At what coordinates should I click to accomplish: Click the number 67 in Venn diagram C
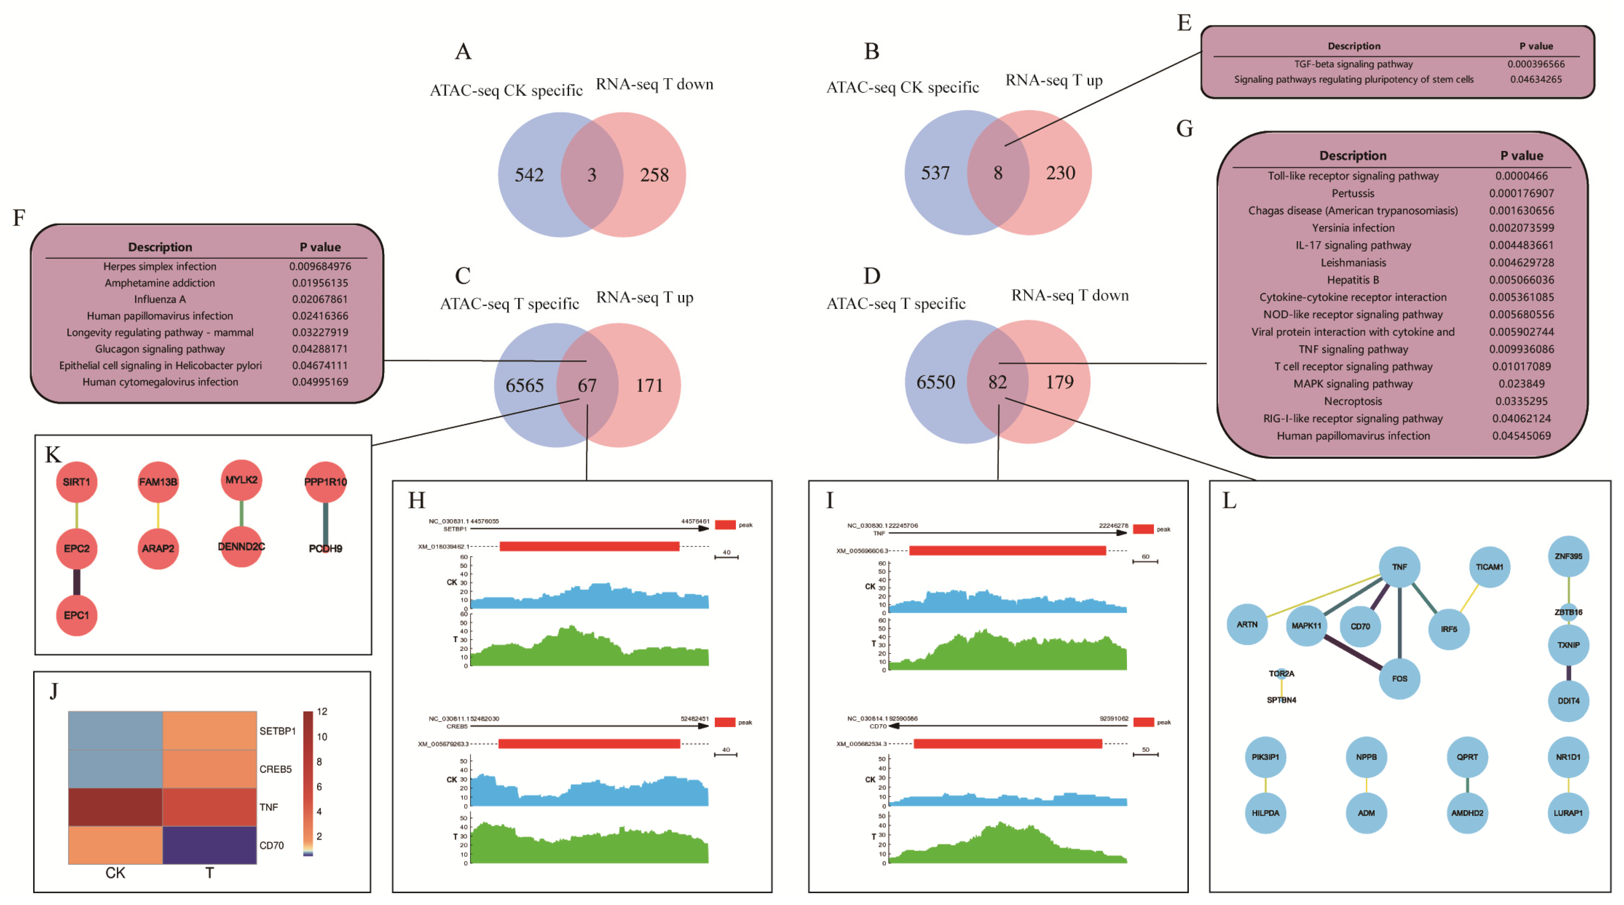tap(587, 385)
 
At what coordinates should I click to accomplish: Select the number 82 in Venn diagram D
tap(997, 382)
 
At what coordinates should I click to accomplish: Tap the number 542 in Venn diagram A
tap(529, 175)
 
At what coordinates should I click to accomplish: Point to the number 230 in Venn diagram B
tap(1060, 173)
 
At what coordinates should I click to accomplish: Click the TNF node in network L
tap(1399, 567)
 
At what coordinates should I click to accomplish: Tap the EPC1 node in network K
tap(76, 615)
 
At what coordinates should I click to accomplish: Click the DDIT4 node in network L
tap(1568, 701)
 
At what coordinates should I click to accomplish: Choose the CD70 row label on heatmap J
tap(272, 845)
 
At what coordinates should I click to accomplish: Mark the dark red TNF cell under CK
tap(115, 807)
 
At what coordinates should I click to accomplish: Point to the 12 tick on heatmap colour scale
tap(322, 711)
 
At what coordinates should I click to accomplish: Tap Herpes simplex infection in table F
tap(160, 266)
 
